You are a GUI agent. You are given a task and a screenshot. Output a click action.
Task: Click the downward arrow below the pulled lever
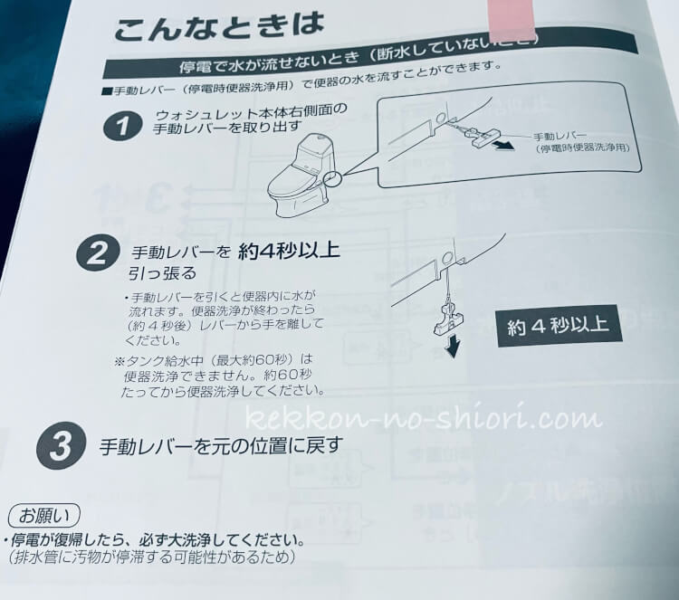tap(452, 348)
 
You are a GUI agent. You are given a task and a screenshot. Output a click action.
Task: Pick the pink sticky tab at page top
tap(512, 19)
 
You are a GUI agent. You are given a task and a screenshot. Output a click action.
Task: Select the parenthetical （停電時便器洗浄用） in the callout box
tap(579, 146)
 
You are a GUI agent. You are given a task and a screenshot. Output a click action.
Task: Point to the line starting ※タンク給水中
tap(212, 360)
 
